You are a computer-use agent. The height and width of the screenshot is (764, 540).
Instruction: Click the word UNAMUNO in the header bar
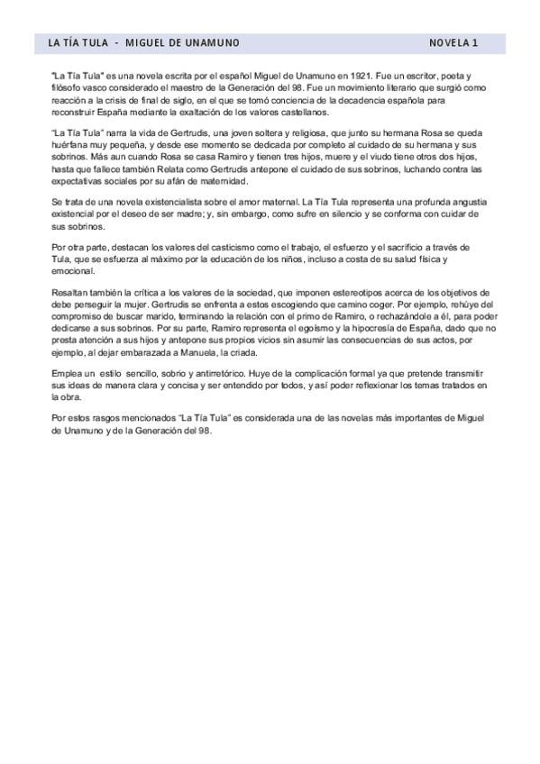tap(210, 42)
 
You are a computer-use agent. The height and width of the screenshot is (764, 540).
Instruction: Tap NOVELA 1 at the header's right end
tap(453, 42)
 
